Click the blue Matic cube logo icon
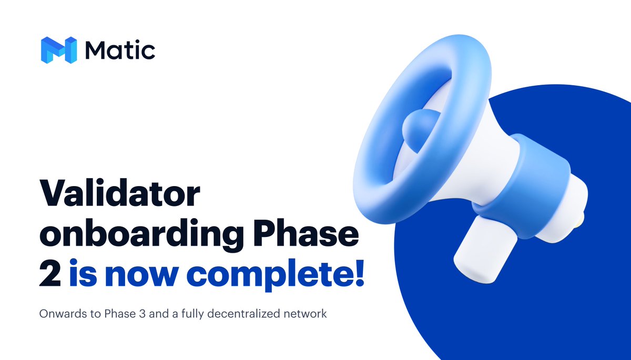[58, 50]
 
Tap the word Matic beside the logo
[119, 50]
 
